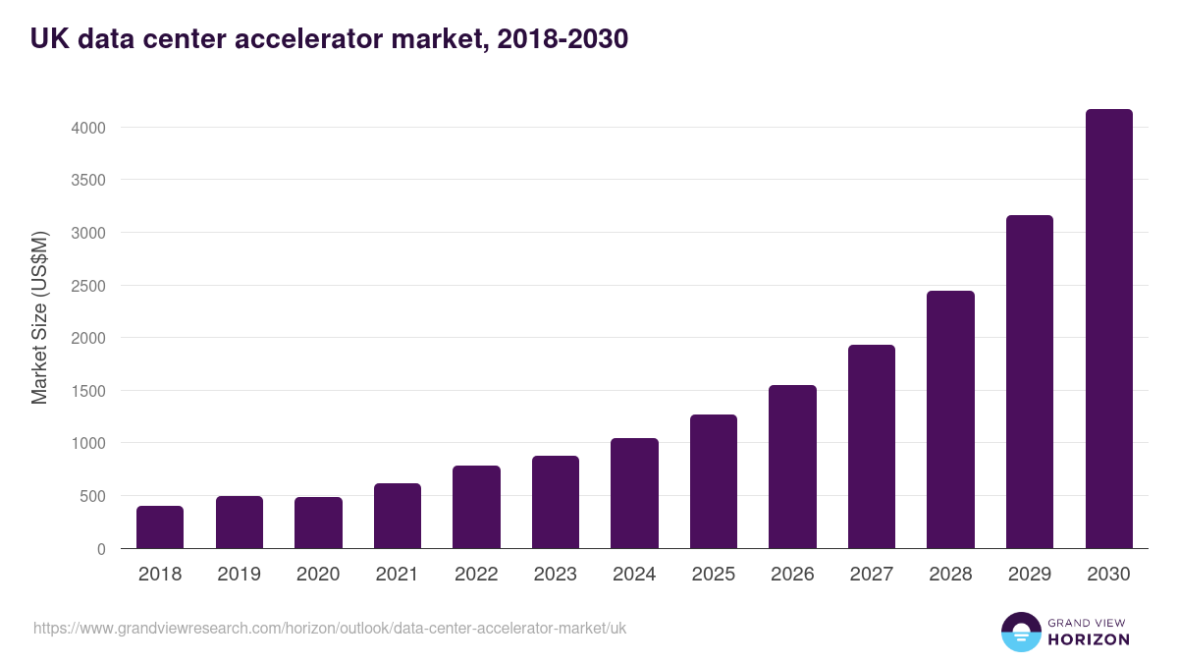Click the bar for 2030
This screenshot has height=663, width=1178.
pyautogui.click(x=1108, y=329)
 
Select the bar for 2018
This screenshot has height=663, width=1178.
pyautogui.click(x=160, y=527)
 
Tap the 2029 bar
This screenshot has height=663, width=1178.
pyautogui.click(x=1029, y=382)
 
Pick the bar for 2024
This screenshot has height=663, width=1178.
pyautogui.click(x=634, y=493)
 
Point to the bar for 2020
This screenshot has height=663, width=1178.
pyautogui.click(x=318, y=523)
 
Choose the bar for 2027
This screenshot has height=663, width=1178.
pyautogui.click(x=871, y=447)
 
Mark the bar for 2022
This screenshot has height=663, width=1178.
pyautogui.click(x=476, y=507)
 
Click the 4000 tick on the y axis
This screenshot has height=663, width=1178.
pyautogui.click(x=87, y=128)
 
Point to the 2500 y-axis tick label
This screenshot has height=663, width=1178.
pyautogui.click(x=87, y=286)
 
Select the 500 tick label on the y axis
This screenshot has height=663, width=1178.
pyautogui.click(x=92, y=496)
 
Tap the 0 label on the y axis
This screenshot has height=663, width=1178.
pyautogui.click(x=100, y=549)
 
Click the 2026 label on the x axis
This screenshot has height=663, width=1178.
pyautogui.click(x=792, y=575)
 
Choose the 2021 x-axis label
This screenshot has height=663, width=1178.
pyautogui.click(x=397, y=575)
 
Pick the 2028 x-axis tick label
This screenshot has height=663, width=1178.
pyautogui.click(x=950, y=575)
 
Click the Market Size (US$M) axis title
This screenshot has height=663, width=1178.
pyautogui.click(x=39, y=316)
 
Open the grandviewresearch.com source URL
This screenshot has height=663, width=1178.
pyautogui.click(x=330, y=628)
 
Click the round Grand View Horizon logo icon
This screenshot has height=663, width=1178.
pyautogui.click(x=1020, y=632)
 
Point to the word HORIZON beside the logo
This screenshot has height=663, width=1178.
pyautogui.click(x=1090, y=639)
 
